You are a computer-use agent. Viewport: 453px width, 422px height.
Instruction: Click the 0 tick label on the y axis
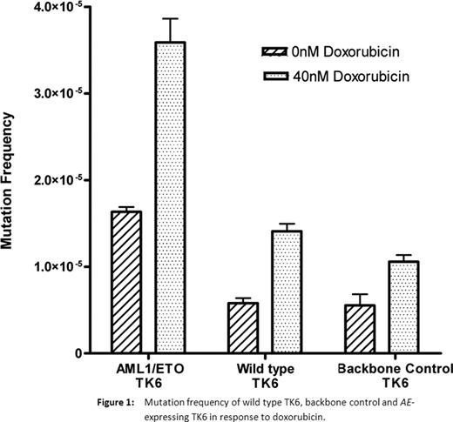pyautogui.click(x=79, y=353)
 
